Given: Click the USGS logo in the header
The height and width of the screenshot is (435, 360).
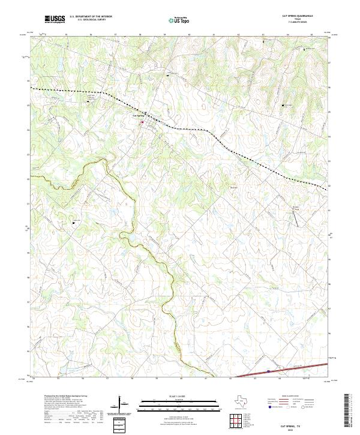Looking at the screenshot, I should (55, 19).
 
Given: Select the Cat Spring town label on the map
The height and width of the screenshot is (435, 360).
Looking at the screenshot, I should (137, 115).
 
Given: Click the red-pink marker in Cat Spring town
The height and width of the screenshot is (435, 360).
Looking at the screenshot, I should (142, 123).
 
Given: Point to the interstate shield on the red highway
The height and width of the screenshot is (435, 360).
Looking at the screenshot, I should (268, 371).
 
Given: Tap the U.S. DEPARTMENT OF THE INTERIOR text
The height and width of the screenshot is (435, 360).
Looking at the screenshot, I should (91, 17).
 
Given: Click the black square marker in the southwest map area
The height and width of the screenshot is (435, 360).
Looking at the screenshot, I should (73, 223).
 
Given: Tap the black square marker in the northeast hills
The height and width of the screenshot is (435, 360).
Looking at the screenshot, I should (284, 106).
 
